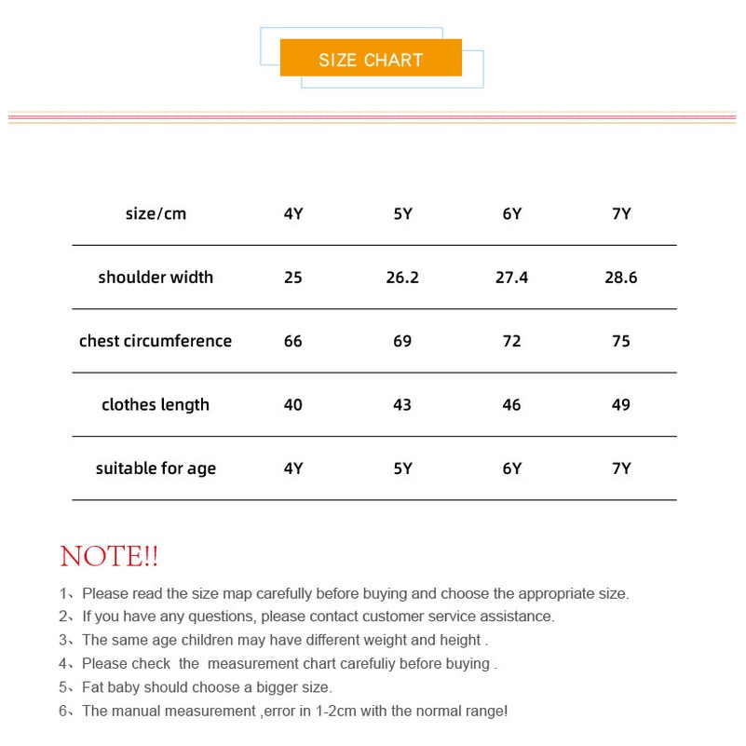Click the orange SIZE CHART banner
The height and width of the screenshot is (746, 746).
[x=371, y=59]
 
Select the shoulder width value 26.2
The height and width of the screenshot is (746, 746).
[x=402, y=278]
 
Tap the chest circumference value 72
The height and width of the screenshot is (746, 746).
[x=512, y=341]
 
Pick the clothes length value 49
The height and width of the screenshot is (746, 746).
[x=621, y=405]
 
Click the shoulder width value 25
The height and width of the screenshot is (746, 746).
[x=293, y=278]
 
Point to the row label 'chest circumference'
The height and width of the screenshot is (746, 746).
[x=156, y=341]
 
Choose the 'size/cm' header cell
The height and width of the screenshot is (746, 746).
[x=156, y=214]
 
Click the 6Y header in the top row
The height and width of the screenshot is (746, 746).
[x=512, y=214]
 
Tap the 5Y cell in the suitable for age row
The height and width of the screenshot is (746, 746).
[x=402, y=468]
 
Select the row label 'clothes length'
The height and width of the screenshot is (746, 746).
[x=156, y=405]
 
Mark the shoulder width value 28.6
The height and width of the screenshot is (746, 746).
[x=621, y=278]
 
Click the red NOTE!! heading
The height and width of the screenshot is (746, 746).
[x=109, y=557]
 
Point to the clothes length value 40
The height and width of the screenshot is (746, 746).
[x=293, y=405]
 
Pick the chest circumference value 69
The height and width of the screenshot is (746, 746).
[x=402, y=341]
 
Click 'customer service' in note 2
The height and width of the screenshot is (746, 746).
[x=416, y=617]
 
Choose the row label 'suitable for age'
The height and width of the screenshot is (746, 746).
[x=156, y=468]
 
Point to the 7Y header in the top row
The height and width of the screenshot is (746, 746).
[x=621, y=214]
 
